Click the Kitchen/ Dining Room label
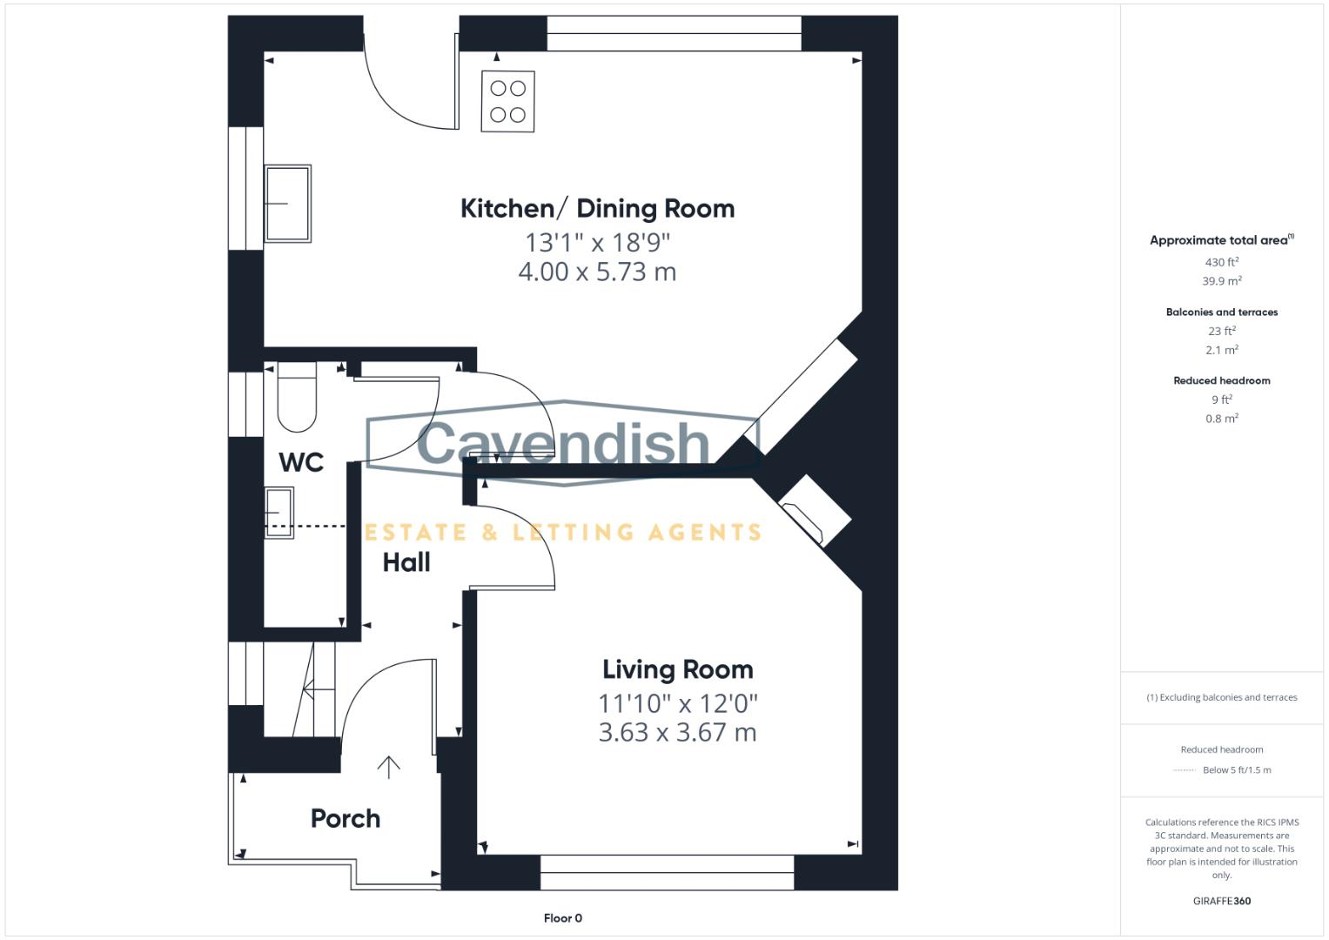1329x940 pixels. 597,209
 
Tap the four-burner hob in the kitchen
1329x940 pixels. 507,102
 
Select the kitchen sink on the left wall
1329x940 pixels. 287,203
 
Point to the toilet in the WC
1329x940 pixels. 297,399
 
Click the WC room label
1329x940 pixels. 301,462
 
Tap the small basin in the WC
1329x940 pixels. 279,514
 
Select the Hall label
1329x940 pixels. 406,562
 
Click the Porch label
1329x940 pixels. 346,818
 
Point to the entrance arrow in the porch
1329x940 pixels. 388,766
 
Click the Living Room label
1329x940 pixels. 677,669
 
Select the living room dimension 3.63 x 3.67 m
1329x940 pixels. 677,733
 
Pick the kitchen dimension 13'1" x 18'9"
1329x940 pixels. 597,242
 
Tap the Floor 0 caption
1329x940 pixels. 562,918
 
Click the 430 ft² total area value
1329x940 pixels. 1221,262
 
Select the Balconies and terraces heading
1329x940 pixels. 1221,312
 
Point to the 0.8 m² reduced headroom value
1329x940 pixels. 1221,419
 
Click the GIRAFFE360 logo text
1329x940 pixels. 1221,901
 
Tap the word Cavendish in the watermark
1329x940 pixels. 563,443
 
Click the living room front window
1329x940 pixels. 667,872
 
